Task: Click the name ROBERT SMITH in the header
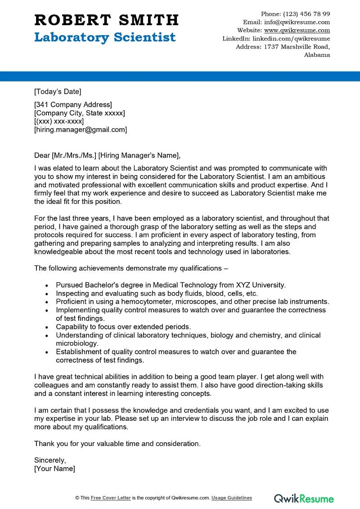106,20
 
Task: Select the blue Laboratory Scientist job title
105,37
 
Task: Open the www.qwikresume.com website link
297,30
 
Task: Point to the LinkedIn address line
276,39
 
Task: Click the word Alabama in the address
317,55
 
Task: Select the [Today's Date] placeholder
58,92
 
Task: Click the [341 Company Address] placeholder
73,105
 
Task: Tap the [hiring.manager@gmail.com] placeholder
81,130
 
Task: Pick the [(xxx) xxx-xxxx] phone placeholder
59,122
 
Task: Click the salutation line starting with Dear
107,156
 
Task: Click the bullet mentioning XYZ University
171,285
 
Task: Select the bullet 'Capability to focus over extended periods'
123,327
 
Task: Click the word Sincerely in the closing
50,460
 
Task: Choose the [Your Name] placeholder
54,468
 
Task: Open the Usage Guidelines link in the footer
232,498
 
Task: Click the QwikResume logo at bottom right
304,498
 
